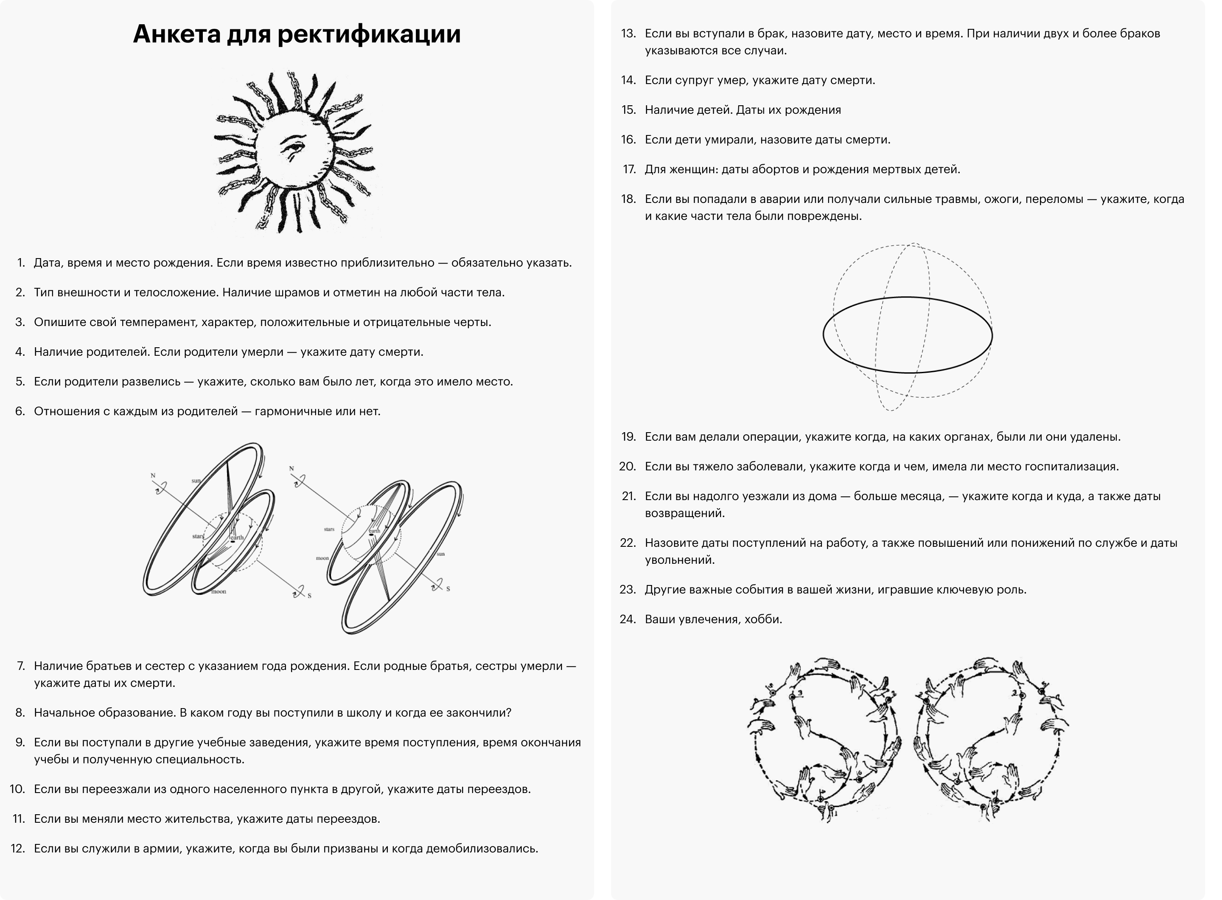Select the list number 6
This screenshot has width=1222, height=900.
click(x=20, y=411)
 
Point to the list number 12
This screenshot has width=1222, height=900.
click(x=18, y=848)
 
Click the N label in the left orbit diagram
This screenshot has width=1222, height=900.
click(x=153, y=475)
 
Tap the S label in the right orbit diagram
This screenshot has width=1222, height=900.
click(x=448, y=589)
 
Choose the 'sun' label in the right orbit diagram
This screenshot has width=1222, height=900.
click(x=440, y=554)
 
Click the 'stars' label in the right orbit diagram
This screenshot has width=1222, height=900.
click(x=329, y=529)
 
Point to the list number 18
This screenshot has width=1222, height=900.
click(x=628, y=199)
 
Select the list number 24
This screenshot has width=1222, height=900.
click(x=628, y=619)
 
